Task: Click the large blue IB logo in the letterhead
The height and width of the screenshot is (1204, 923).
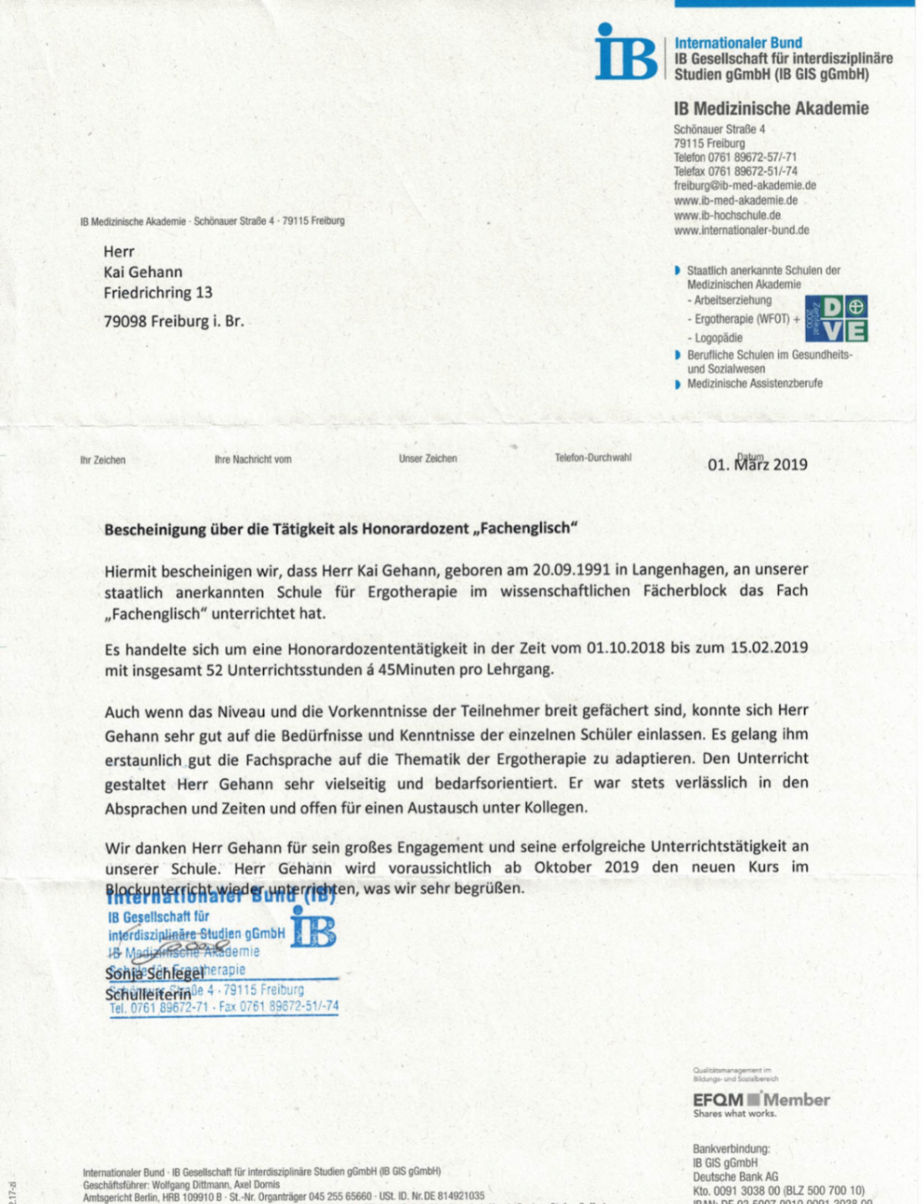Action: click(626, 53)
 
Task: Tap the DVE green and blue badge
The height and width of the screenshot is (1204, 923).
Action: click(836, 318)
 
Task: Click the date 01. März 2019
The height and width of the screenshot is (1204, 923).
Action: click(757, 465)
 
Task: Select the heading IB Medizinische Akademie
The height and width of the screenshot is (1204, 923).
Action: click(770, 109)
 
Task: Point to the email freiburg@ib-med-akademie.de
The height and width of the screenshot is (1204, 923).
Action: click(744, 186)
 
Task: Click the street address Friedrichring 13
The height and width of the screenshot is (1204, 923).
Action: click(158, 293)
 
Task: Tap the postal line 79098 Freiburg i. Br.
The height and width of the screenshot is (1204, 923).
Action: click(173, 321)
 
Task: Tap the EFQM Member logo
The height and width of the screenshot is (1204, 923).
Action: click(760, 1101)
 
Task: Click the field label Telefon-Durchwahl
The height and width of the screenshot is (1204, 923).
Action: click(592, 458)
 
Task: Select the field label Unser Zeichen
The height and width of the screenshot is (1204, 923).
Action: click(428, 459)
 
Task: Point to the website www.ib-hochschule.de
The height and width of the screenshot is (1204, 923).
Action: click(727, 215)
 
